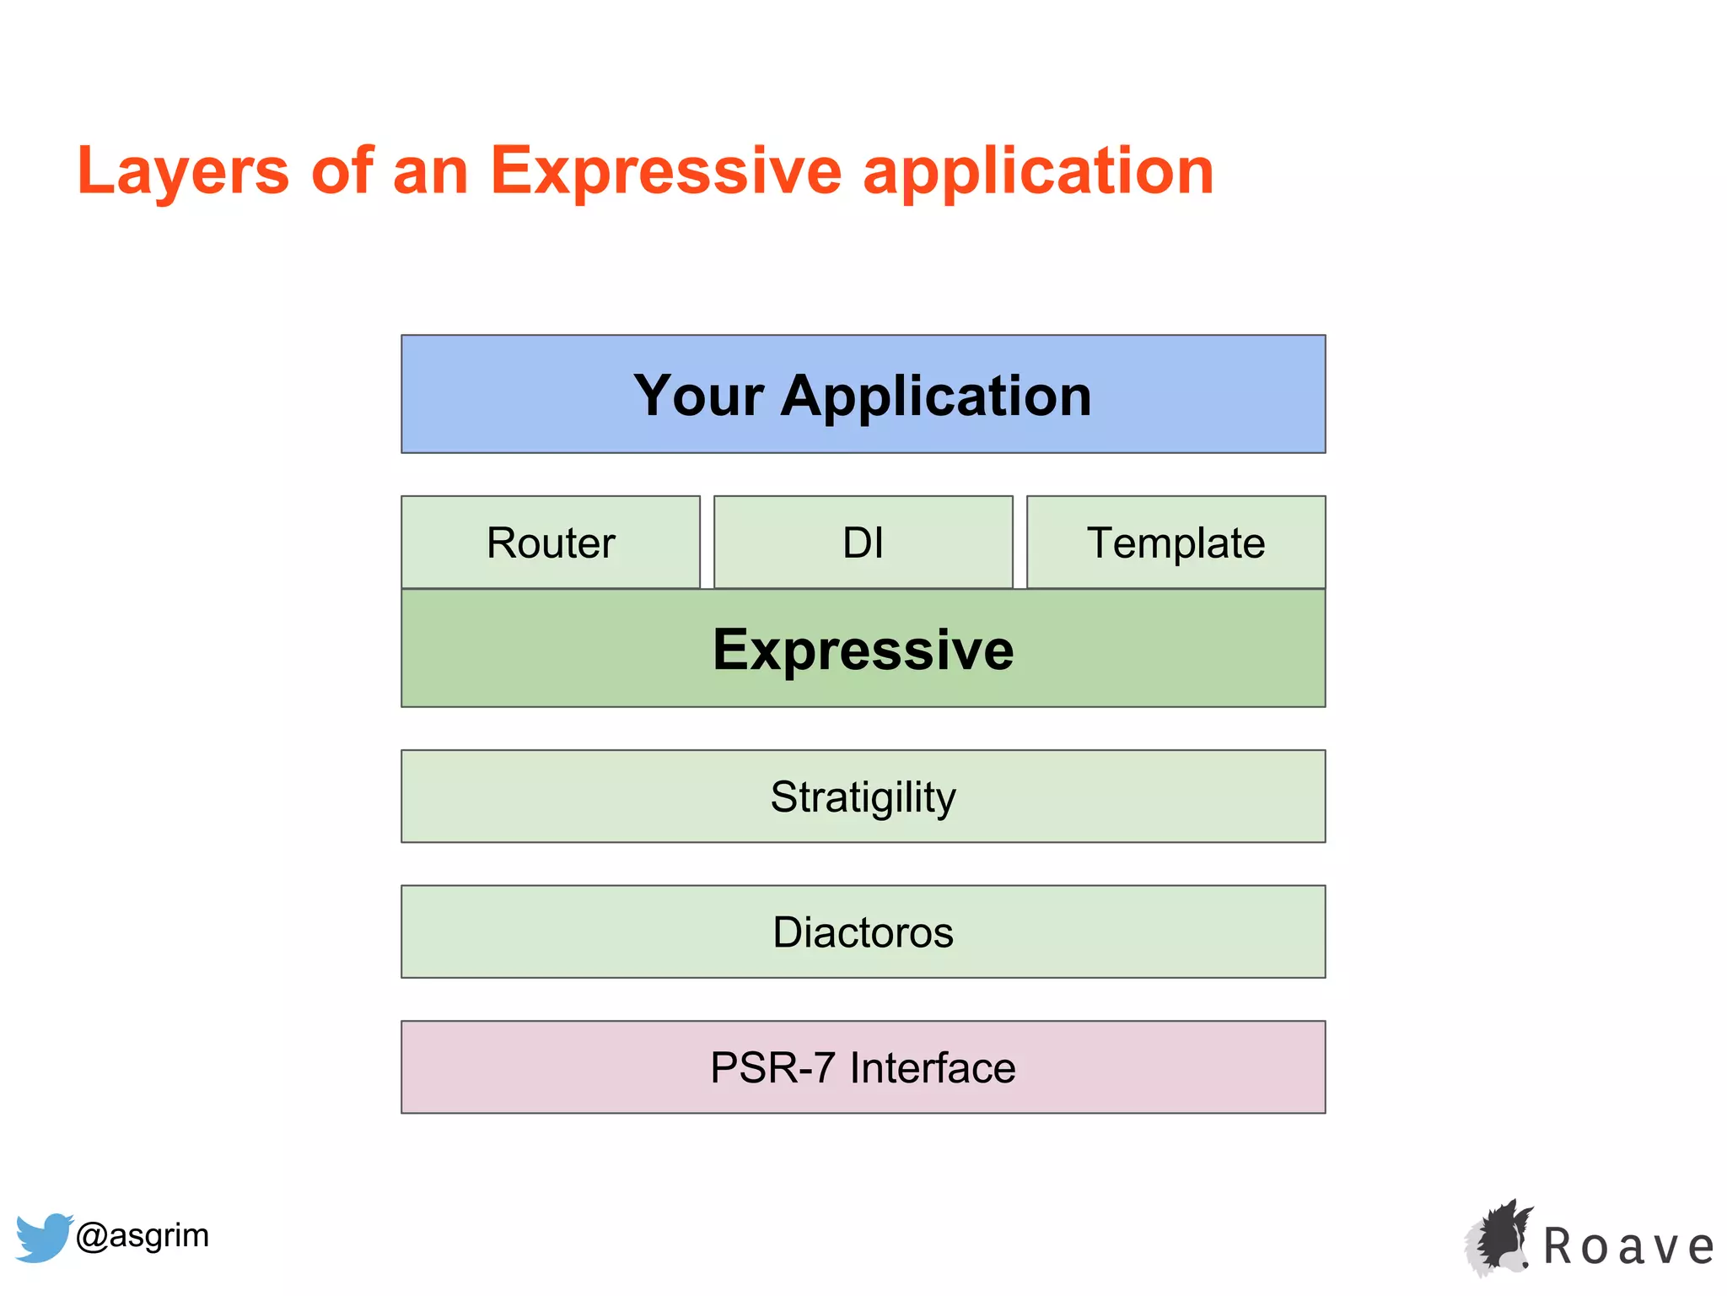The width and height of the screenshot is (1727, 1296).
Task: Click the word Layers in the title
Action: (183, 171)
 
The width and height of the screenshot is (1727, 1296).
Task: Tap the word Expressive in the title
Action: (666, 171)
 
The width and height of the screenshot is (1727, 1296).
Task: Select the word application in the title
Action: (1038, 171)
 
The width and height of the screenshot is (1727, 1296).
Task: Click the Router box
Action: (551, 543)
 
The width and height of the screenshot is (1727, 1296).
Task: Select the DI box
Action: (863, 543)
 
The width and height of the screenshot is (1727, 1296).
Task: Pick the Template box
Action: (1176, 543)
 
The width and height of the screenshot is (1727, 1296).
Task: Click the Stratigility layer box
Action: (863, 796)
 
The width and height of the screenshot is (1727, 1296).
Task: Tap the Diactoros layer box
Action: (863, 932)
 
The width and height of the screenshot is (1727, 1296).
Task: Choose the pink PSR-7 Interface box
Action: (863, 1067)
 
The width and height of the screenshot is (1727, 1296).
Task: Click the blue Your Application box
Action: (863, 394)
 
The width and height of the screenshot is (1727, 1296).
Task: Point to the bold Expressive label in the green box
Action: (863, 650)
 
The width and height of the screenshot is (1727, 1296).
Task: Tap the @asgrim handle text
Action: (142, 1235)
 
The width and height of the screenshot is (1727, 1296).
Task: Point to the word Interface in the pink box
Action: (933, 1067)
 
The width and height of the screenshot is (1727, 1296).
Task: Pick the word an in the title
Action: (430, 171)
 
